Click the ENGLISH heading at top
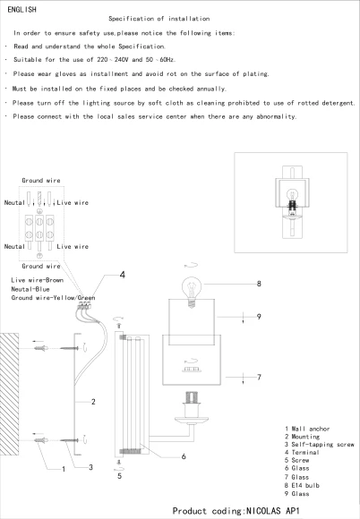pyautogui.click(x=21, y=10)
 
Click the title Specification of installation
pyautogui.click(x=159, y=19)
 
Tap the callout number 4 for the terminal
pyautogui.click(x=123, y=275)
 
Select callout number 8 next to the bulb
pyautogui.click(x=259, y=284)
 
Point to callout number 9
pyautogui.click(x=259, y=317)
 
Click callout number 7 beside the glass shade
pyautogui.click(x=259, y=377)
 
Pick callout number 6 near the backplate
pyautogui.click(x=184, y=456)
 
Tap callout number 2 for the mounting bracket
pyautogui.click(x=93, y=402)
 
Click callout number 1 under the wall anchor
pyautogui.click(x=64, y=469)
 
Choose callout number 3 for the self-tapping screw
pyautogui.click(x=90, y=467)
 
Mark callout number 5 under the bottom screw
pyautogui.click(x=120, y=476)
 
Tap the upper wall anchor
pyautogui.click(x=41, y=348)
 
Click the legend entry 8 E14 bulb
pyautogui.click(x=302, y=486)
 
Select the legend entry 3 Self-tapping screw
pyautogui.click(x=320, y=445)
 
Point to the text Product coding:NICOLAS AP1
pyautogui.click(x=236, y=511)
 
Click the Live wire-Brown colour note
pyautogui.click(x=37, y=280)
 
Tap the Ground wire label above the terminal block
pyautogui.click(x=41, y=181)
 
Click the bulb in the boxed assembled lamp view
pyautogui.click(x=292, y=195)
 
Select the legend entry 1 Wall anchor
pyautogui.click(x=307, y=429)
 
